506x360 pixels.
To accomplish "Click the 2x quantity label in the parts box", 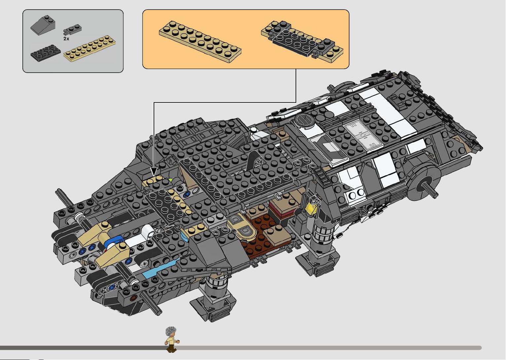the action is (66, 39).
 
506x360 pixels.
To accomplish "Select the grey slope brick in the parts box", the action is (43, 25).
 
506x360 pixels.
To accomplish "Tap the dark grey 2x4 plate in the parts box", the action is (45, 53).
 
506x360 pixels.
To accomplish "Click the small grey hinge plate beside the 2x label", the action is (72, 30).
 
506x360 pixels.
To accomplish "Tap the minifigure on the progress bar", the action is (172, 340).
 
